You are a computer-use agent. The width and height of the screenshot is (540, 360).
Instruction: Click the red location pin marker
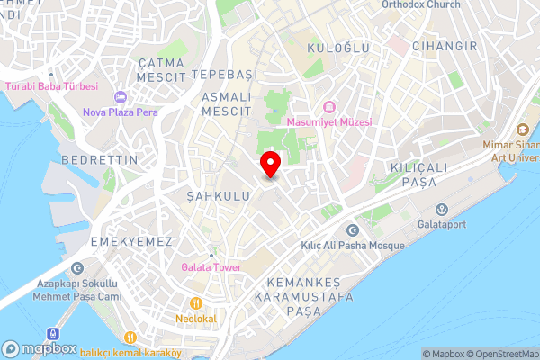(270, 164)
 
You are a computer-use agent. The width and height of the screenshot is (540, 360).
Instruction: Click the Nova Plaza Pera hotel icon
(121, 97)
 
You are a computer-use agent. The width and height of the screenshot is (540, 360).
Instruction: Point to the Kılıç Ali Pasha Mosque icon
(352, 231)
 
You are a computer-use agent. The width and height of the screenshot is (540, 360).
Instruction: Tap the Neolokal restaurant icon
(194, 303)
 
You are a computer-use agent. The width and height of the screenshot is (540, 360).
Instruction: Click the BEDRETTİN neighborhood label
(100, 159)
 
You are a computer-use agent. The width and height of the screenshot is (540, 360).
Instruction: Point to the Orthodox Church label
(420, 4)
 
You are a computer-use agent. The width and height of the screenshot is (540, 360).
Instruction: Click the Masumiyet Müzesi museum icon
(328, 106)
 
